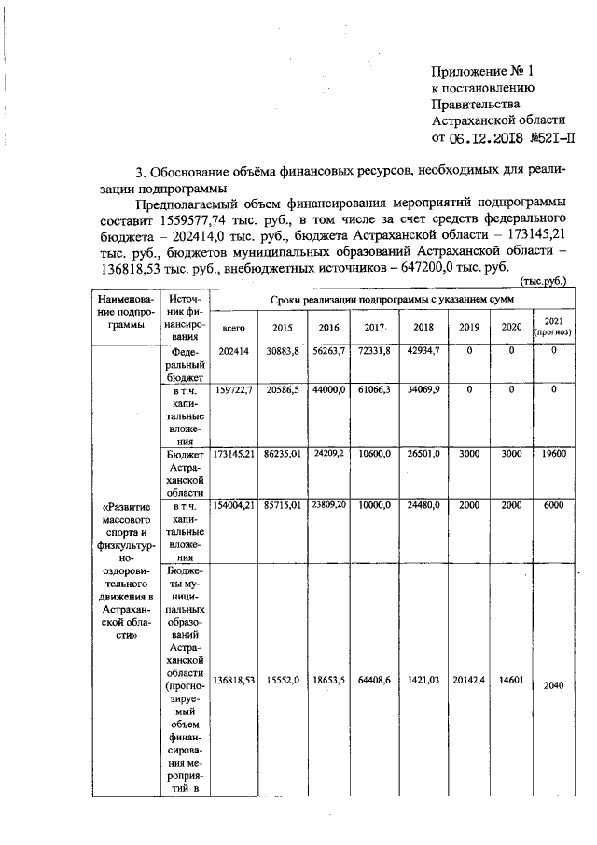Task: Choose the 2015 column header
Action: pos(282,328)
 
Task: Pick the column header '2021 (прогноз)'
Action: pos(554,326)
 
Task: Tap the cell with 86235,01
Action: pos(282,451)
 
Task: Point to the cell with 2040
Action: pos(554,685)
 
